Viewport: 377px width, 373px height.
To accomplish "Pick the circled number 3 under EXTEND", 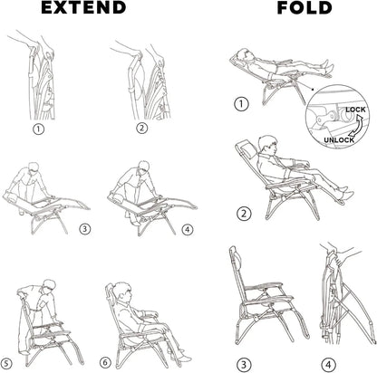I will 84,229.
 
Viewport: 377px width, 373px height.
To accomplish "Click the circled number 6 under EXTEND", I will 106,362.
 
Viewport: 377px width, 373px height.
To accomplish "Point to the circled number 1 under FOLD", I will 241,104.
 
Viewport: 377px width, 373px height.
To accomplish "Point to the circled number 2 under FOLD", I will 243,214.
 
